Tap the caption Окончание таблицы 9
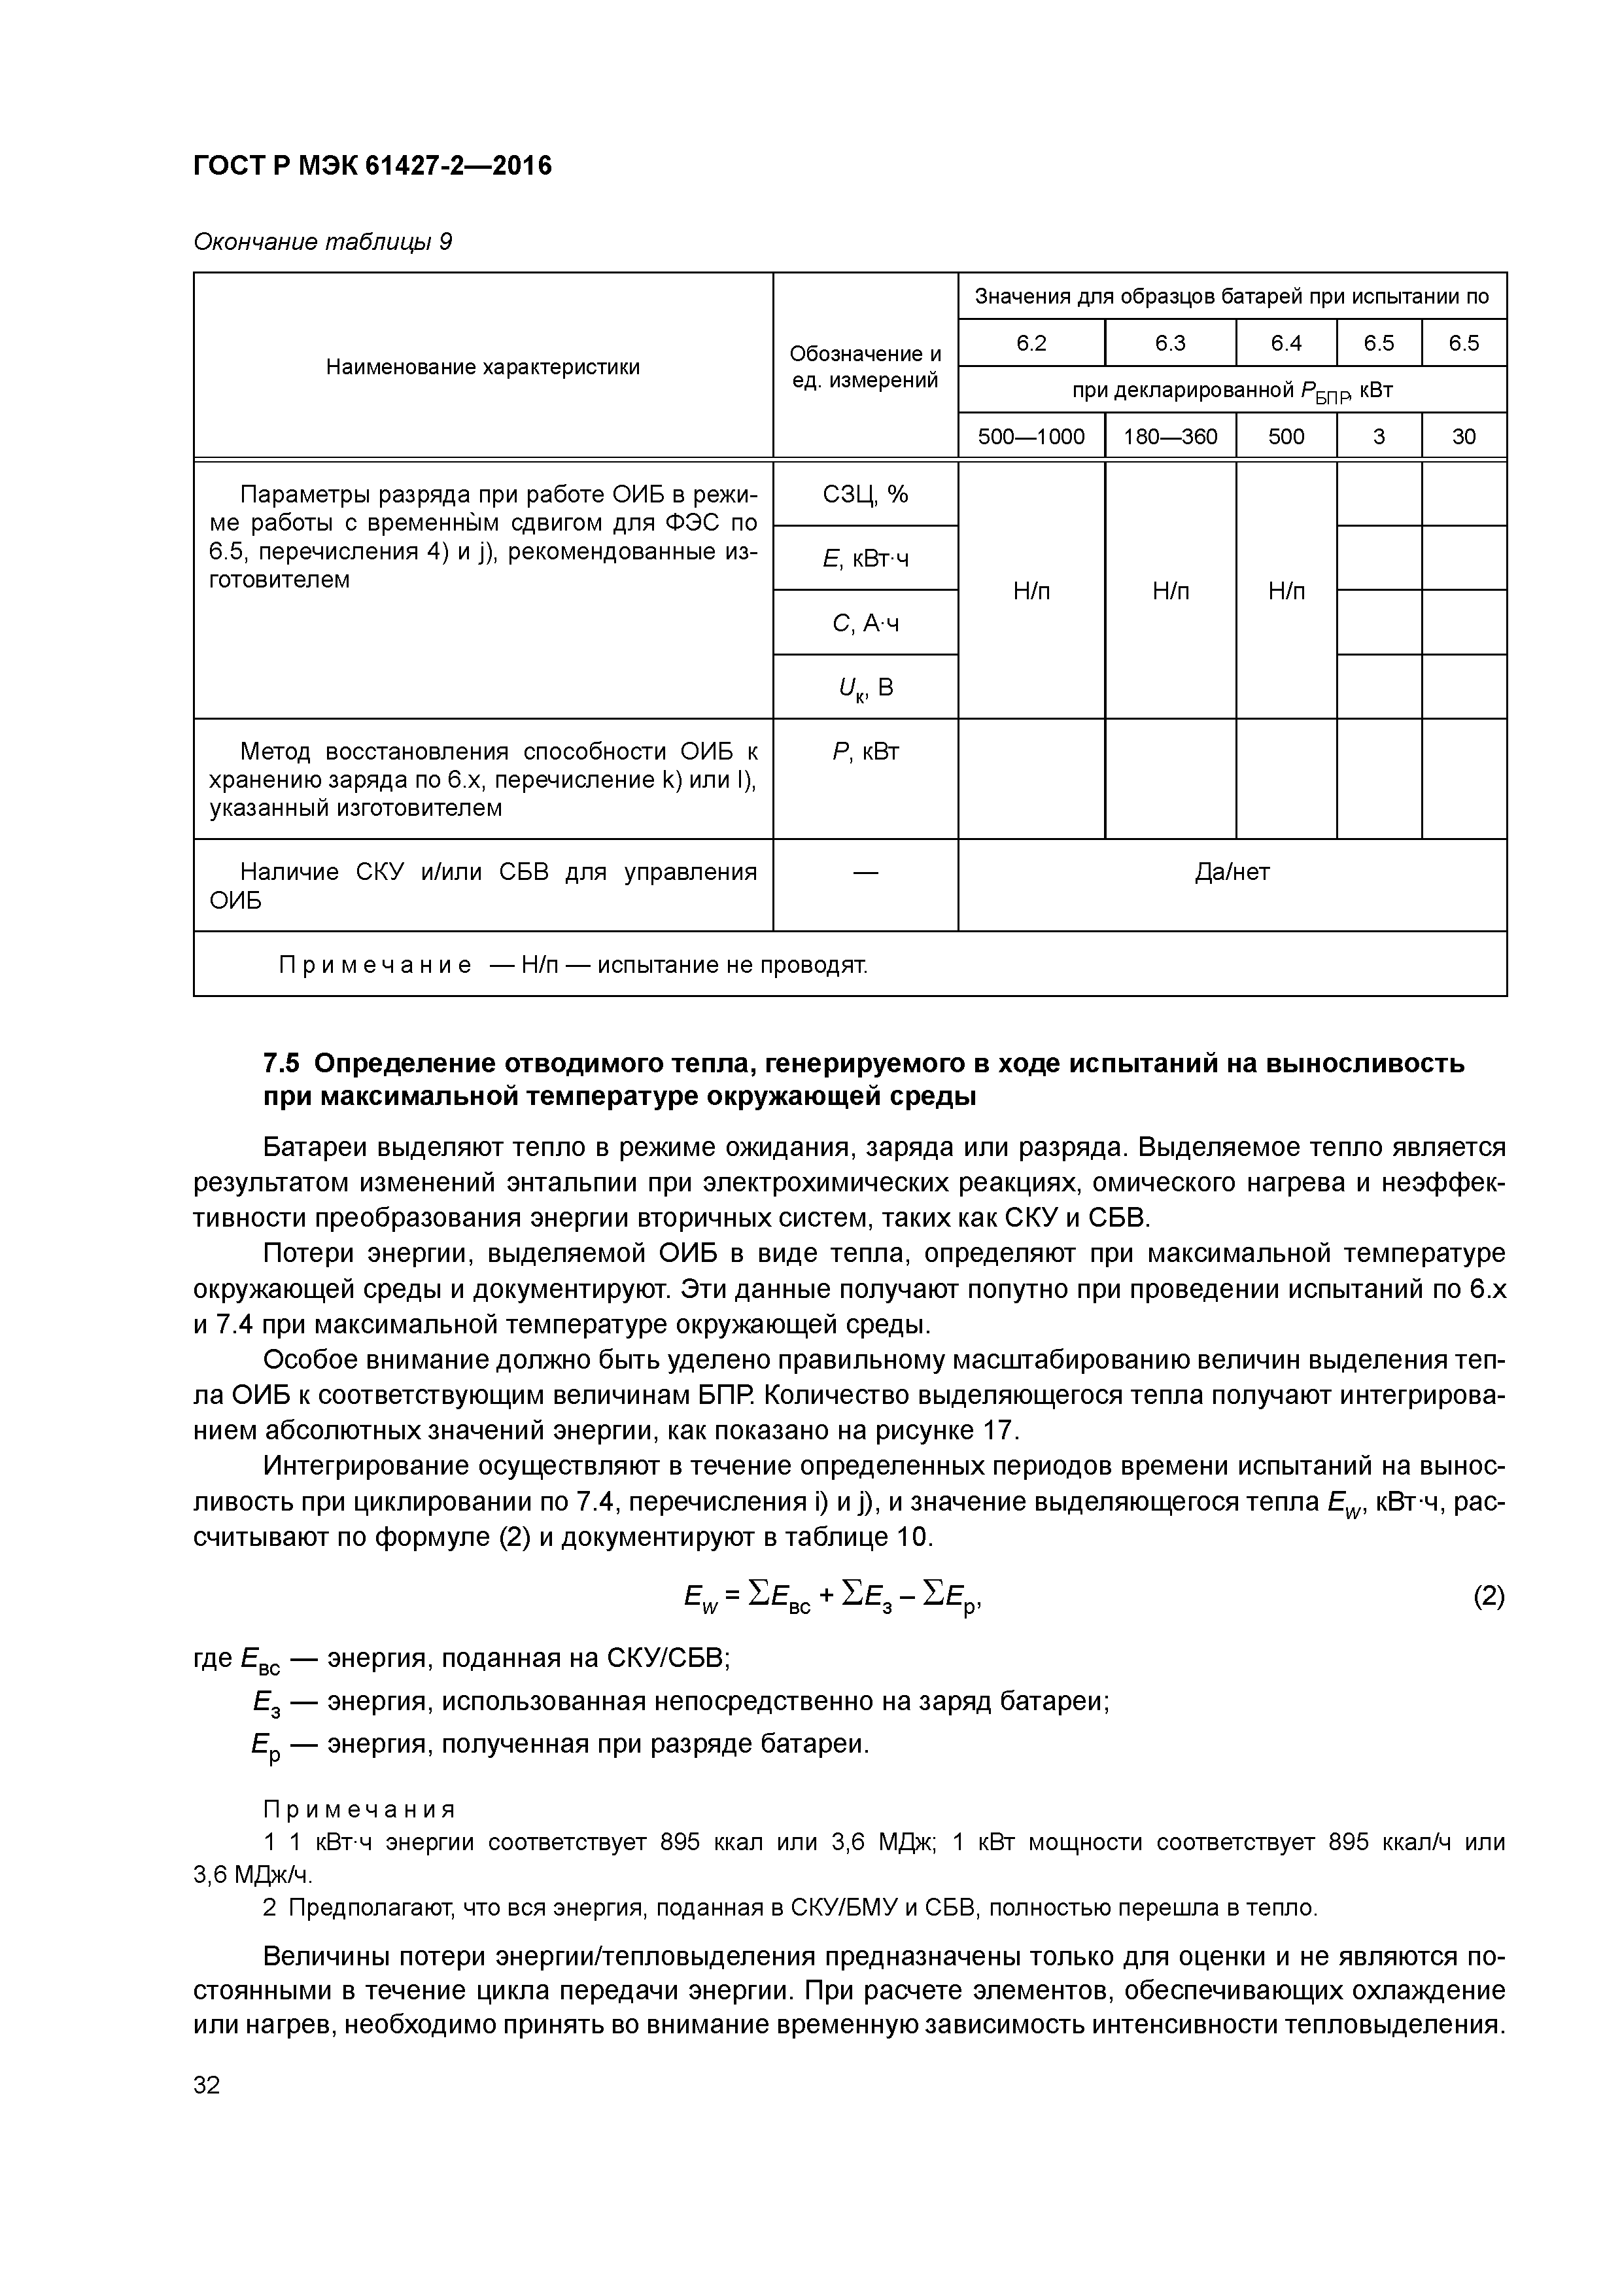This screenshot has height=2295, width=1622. click(x=322, y=242)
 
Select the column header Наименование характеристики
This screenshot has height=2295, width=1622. click(x=483, y=367)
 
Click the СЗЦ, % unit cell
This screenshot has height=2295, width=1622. click(x=865, y=495)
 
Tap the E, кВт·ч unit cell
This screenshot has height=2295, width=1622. click(x=865, y=559)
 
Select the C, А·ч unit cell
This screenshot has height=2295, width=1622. click(x=865, y=623)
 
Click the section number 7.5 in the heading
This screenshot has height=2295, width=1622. click(x=282, y=1064)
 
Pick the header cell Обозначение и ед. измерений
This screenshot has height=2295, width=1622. click(x=865, y=367)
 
